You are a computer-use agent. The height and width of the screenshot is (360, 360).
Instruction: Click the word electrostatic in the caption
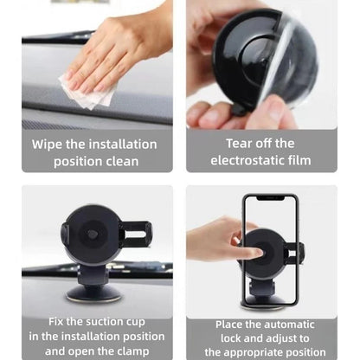tap(246, 162)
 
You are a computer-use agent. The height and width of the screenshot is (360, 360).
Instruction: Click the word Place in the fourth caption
tap(232, 324)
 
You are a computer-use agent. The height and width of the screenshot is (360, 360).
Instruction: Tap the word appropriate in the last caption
tap(273, 352)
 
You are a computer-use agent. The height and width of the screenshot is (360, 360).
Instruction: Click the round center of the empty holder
tap(93, 233)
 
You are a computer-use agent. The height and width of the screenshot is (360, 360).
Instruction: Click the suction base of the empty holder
tap(93, 290)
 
